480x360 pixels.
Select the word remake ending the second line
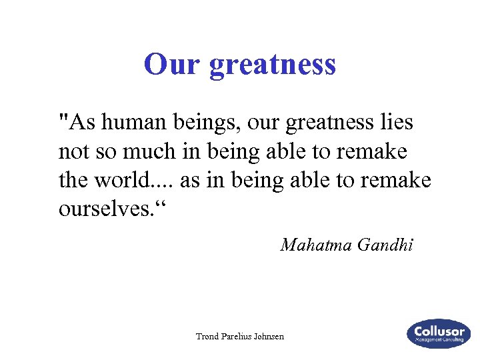(375, 152)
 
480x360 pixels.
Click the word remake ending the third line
(400, 180)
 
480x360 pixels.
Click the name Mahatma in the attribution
(316, 245)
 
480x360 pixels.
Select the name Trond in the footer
(208, 337)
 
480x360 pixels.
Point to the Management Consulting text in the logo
(439, 341)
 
